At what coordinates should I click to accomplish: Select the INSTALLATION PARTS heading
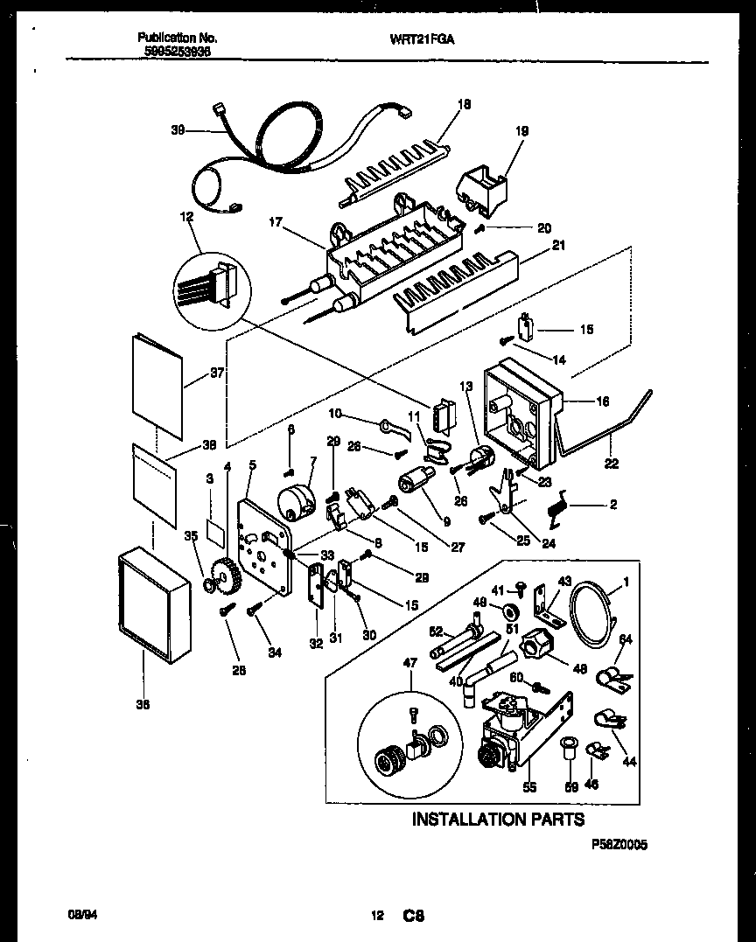pyautogui.click(x=498, y=819)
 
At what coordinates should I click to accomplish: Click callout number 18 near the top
pyautogui.click(x=464, y=103)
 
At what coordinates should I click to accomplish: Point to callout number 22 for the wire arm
pyautogui.click(x=612, y=464)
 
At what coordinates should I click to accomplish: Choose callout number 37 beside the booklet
pyautogui.click(x=217, y=373)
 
